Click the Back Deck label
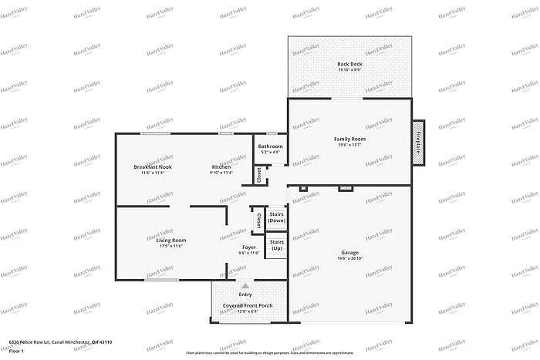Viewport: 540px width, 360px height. pos(349,63)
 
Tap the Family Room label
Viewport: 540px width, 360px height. pos(349,139)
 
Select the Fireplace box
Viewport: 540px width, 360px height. pos(418,141)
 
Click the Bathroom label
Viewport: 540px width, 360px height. pos(270,146)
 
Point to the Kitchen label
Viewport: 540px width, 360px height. pos(221,167)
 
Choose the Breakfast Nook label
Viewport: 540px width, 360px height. pos(152,167)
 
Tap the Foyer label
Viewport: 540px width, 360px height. pos(248,247)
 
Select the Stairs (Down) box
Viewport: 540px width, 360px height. pos(276,217)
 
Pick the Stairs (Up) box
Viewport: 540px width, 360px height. pos(276,246)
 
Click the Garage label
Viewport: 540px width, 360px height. pos(349,252)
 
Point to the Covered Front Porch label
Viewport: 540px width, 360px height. pos(248,306)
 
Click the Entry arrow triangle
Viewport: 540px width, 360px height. pos(245,286)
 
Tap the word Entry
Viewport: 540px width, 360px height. pos(245,294)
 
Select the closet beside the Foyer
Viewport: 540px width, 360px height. pos(258,220)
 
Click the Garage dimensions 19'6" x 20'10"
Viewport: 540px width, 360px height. pos(349,259)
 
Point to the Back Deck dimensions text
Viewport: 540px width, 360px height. pos(349,69)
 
